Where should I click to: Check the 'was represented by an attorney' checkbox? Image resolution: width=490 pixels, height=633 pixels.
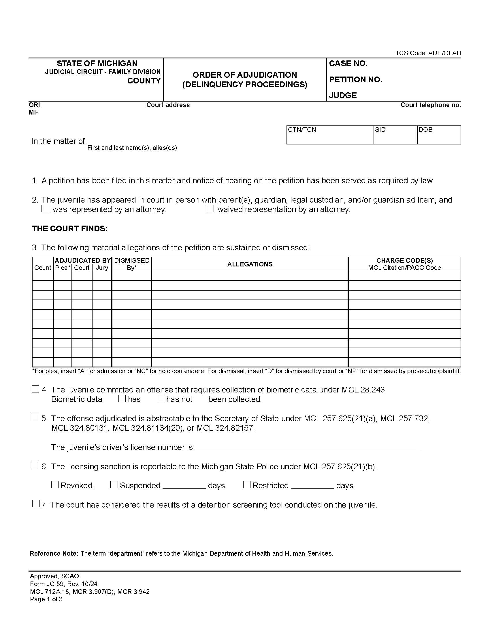coord(45,209)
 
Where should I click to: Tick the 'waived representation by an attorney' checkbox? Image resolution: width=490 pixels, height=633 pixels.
coord(210,209)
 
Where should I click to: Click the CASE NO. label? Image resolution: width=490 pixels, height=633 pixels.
coord(348,64)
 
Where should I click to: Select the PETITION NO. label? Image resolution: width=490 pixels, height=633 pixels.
coord(355,80)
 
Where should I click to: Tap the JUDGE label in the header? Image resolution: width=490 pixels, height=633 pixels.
coord(342,95)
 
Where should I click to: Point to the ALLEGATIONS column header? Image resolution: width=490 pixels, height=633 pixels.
coord(250,264)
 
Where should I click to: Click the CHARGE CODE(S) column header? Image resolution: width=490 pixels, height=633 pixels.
coord(404,261)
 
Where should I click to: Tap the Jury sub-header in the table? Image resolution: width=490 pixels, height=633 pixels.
coord(102,268)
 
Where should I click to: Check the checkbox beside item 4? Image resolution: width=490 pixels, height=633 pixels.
coord(35,389)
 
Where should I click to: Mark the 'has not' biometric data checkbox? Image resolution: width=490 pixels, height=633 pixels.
coord(160,399)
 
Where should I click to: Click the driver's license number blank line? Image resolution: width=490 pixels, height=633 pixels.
coord(306,447)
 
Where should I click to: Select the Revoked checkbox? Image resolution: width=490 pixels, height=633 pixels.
coord(55,485)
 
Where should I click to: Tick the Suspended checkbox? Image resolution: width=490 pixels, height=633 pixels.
coord(114,485)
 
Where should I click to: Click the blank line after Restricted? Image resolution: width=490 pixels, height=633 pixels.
coord(312,486)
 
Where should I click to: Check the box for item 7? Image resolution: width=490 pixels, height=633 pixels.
coord(36,504)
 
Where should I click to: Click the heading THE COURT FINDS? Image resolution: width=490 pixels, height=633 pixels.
coord(70,229)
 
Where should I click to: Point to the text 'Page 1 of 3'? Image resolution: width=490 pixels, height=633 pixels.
coord(46,599)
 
